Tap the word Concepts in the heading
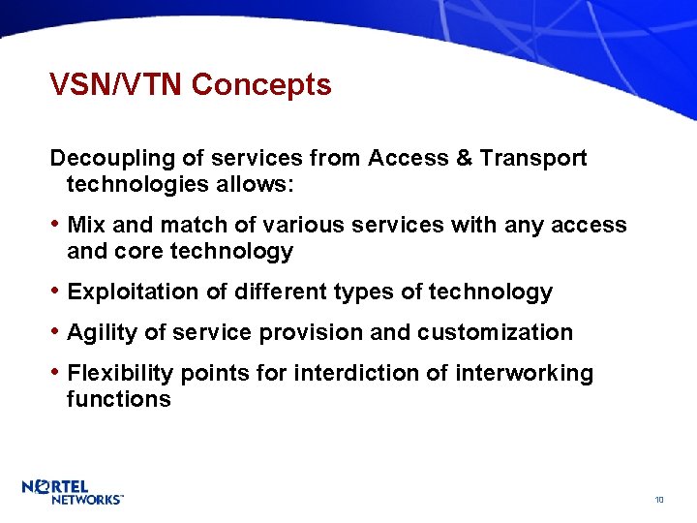click(261, 85)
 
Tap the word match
click(192, 226)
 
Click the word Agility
click(102, 333)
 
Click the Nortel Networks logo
click(73, 492)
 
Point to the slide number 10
click(658, 500)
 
